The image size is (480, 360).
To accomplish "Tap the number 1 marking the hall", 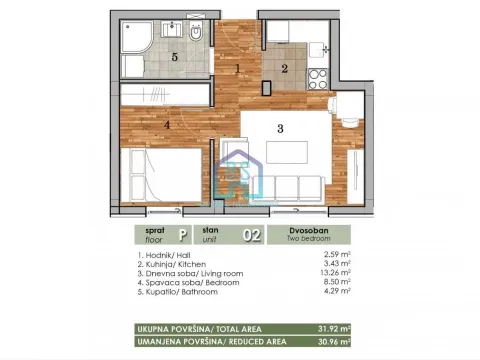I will (x=237, y=69).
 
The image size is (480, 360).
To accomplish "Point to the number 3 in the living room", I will (x=281, y=128).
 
